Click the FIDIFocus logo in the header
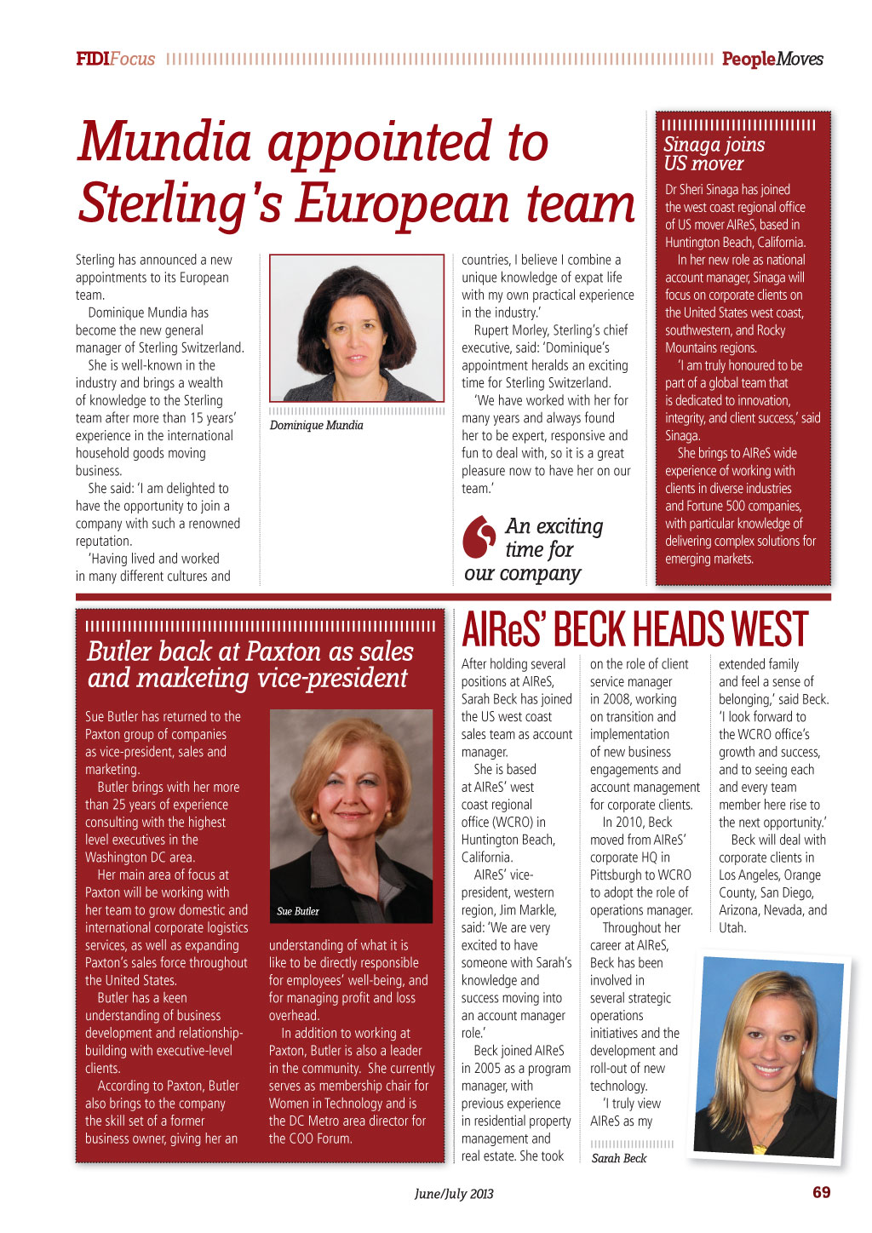pyautogui.click(x=115, y=59)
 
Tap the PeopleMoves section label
pyautogui.click(x=772, y=59)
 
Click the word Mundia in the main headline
pyautogui.click(x=164, y=141)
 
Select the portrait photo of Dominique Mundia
pyautogui.click(x=357, y=328)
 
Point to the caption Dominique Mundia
pyautogui.click(x=316, y=425)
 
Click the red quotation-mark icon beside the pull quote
pyautogui.click(x=479, y=536)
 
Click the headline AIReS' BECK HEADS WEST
pyautogui.click(x=634, y=630)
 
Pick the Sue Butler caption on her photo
pyautogui.click(x=298, y=911)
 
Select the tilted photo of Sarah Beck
pyautogui.click(x=768, y=1056)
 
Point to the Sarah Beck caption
pyautogui.click(x=619, y=1158)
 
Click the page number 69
pyautogui.click(x=821, y=1192)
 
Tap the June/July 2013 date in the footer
pyautogui.click(x=454, y=1193)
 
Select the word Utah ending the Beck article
pyautogui.click(x=731, y=927)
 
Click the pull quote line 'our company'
pyautogui.click(x=522, y=573)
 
